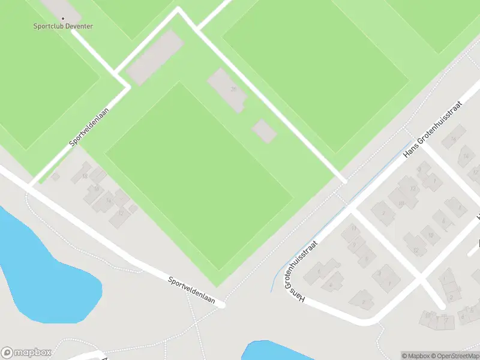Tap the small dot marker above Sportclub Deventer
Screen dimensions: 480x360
(63, 18)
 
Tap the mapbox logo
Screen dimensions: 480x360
(26, 353)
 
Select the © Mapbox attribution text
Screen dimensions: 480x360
(415, 356)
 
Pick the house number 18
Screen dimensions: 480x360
(85, 176)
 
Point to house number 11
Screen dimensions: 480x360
(354, 229)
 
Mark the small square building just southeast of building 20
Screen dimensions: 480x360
(264, 131)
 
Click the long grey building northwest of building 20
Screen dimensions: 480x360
(154, 58)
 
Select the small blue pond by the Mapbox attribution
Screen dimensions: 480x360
(282, 350)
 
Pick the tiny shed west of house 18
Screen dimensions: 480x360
(55, 176)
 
